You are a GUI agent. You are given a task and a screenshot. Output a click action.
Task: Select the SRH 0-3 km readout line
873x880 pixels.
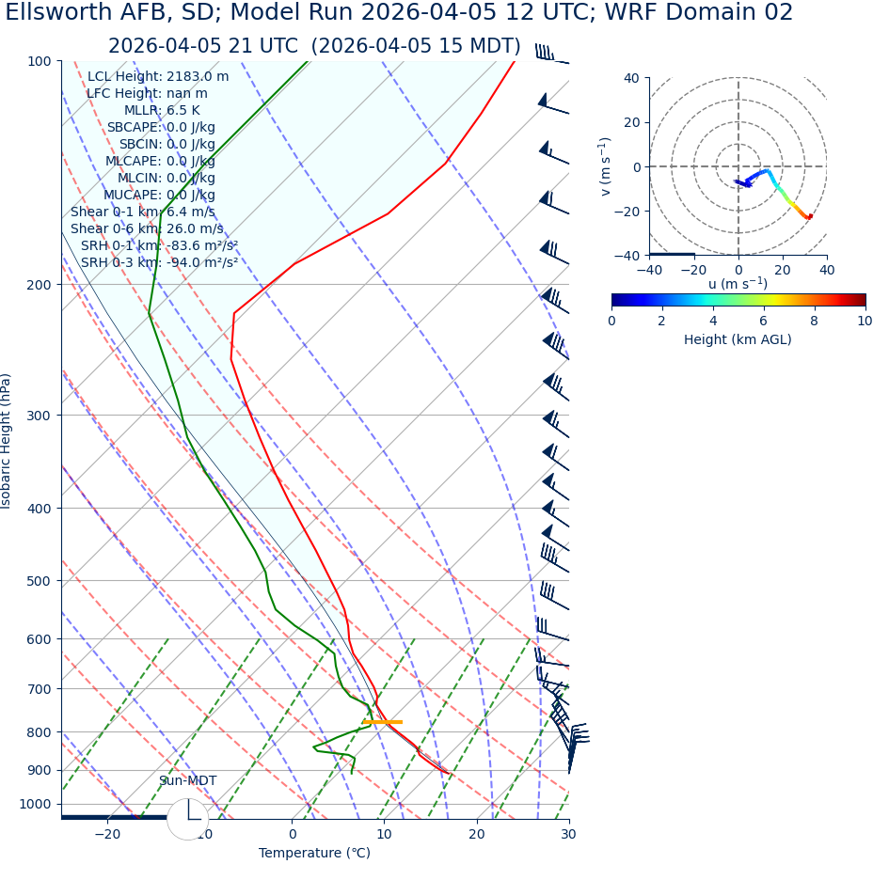159,262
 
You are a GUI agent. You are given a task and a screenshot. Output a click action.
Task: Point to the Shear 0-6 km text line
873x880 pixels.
147,228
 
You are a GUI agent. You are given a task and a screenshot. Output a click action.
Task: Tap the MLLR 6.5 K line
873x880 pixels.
162,110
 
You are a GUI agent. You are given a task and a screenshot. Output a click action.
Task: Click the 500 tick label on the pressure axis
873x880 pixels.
40,581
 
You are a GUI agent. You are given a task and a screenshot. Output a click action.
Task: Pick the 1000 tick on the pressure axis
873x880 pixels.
36,804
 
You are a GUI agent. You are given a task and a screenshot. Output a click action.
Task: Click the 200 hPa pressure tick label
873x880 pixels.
40,284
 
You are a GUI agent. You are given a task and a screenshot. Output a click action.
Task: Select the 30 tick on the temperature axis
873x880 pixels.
568,834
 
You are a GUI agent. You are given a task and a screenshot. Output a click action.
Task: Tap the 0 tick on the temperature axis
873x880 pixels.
292,834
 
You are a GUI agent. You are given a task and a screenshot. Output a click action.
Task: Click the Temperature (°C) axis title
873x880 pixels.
314,853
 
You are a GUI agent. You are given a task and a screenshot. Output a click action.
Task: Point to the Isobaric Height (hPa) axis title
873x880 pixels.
7,441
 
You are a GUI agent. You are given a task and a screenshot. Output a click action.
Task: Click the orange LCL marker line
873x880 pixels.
382,722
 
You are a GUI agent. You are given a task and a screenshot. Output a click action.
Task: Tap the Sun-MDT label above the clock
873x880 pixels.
187,781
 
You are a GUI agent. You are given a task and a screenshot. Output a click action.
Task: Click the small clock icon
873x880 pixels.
188,819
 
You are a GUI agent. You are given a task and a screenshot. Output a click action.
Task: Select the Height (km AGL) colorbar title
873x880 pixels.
738,339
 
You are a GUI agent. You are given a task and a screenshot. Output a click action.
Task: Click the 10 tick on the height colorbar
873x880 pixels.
865,321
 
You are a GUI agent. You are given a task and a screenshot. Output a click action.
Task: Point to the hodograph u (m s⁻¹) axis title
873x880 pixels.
738,284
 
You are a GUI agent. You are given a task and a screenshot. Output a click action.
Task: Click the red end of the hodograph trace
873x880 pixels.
810,217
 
